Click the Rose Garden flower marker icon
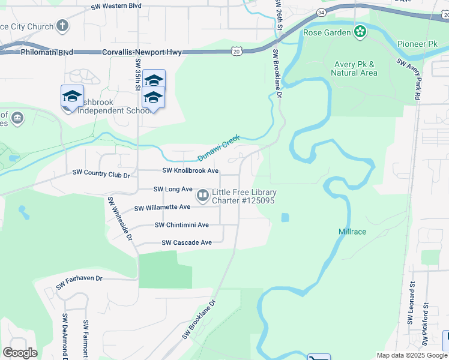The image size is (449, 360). pos(360,31)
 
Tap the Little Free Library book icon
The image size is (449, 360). pos(203,196)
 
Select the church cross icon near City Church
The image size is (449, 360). pos(62,26)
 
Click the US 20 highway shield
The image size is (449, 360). pos(237,52)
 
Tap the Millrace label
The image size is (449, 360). pos(352,232)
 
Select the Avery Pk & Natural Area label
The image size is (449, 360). pos(354,68)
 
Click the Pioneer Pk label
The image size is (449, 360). pos(417,44)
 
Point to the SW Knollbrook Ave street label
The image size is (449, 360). pos(190,171)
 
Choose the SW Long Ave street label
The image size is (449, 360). pos(173,189)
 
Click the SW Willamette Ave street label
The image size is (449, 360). pos(162,208)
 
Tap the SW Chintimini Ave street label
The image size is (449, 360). pos(181,225)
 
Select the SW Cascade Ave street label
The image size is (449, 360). pos(187,243)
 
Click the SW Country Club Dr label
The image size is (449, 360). pos(101,174)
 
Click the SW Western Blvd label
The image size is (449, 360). pos(116,6)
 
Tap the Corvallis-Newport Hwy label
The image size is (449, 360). pos(145,53)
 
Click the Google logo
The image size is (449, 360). pos(20,352)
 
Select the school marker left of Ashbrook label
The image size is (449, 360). pos(72,97)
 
